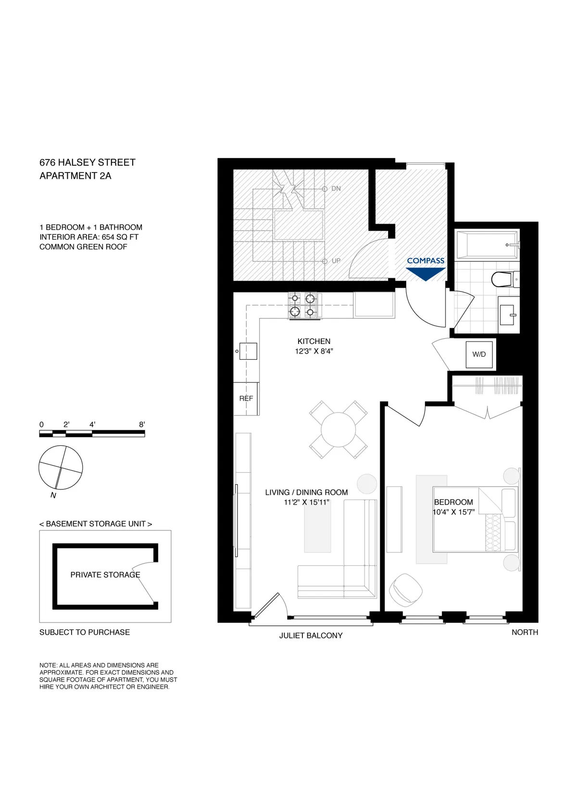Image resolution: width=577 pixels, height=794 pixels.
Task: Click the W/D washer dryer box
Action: coord(479,354)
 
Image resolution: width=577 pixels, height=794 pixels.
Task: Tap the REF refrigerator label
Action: coord(246,398)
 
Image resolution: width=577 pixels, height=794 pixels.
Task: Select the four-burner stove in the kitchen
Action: coord(303,305)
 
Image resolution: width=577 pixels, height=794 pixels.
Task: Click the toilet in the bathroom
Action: coord(504,279)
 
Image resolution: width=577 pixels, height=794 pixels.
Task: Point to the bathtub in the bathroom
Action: coord(487,244)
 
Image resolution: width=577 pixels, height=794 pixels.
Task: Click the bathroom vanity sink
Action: coord(509,315)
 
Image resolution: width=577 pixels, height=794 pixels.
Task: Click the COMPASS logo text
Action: coord(426,261)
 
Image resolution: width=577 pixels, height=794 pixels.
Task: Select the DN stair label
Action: coord(336,188)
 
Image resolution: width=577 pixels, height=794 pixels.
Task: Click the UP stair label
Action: coord(336,261)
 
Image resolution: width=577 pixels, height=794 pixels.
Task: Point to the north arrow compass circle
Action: coord(61,467)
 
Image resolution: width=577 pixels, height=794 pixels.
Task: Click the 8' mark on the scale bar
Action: coord(142,425)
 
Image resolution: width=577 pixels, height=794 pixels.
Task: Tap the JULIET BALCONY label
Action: coord(311,635)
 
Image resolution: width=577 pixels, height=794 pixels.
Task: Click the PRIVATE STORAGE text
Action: coord(105,574)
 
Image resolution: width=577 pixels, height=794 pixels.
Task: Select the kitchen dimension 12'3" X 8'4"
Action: coord(314,351)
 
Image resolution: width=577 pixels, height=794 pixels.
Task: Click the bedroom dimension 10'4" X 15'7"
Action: coord(453,512)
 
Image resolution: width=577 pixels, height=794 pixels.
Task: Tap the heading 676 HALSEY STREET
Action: coord(88,162)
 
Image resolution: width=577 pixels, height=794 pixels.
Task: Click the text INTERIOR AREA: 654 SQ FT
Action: coord(89,237)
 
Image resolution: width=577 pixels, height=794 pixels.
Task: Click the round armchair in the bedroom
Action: coord(405,590)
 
